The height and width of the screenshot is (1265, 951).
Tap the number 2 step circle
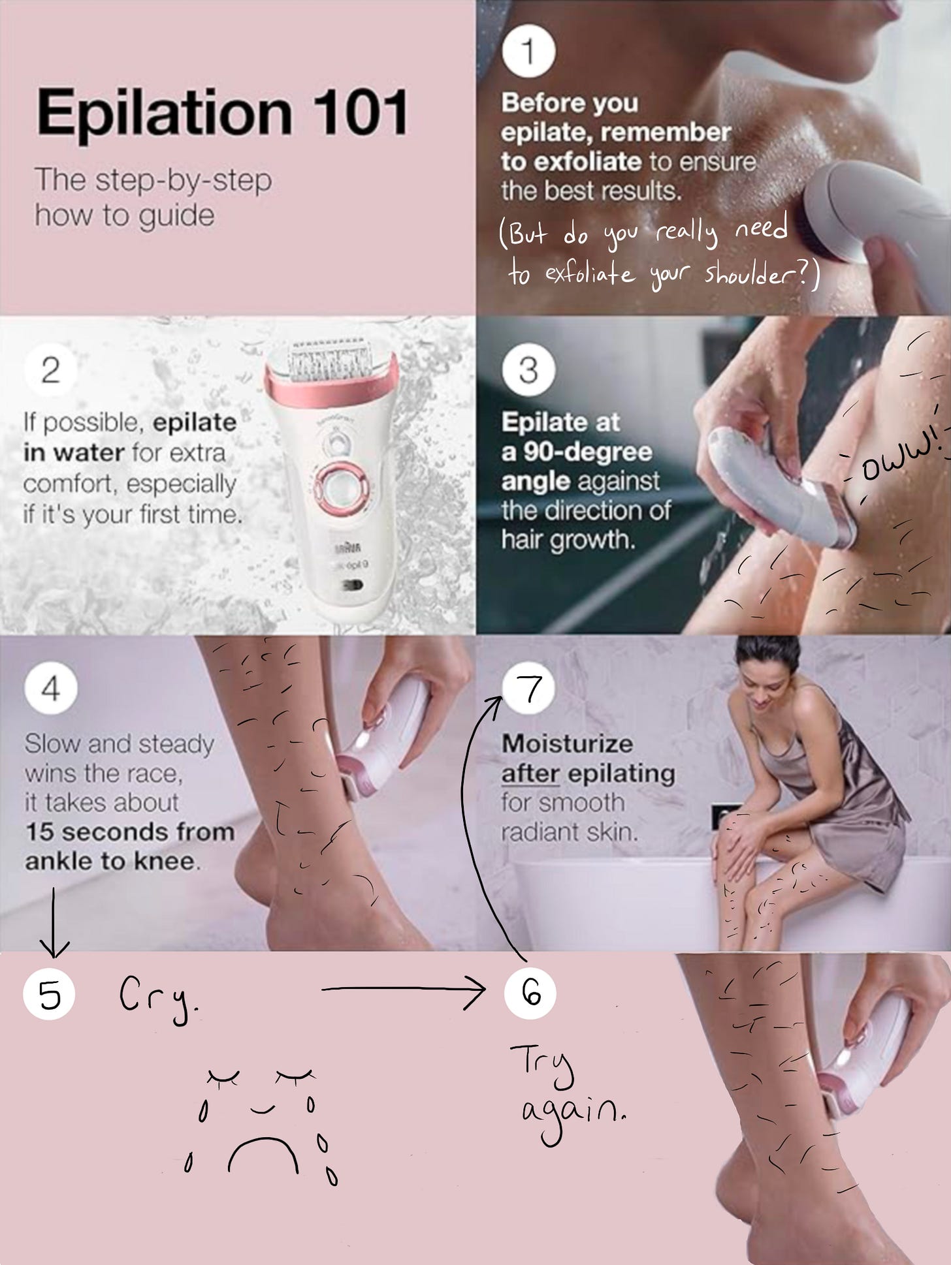point(50,371)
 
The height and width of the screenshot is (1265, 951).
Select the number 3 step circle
point(528,370)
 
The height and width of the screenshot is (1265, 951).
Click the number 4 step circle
point(50,689)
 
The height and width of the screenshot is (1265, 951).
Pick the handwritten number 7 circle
point(529,689)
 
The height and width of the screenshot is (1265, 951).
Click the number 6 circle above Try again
point(530,993)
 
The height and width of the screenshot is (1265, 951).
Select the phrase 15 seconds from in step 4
point(129,832)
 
